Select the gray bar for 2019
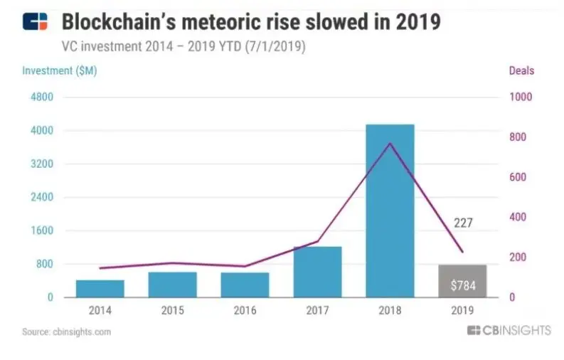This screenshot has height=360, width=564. pyautogui.click(x=462, y=281)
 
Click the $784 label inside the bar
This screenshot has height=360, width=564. pyautogui.click(x=462, y=287)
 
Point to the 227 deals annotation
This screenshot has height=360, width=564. pyautogui.click(x=462, y=223)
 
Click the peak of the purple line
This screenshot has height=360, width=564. pyautogui.click(x=390, y=144)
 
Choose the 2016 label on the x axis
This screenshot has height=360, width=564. pyautogui.click(x=245, y=311)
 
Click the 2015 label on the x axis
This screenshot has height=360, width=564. pyautogui.click(x=172, y=311)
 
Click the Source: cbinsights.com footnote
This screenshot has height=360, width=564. pyautogui.click(x=67, y=332)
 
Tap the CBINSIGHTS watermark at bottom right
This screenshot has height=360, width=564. pyautogui.click(x=509, y=331)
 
